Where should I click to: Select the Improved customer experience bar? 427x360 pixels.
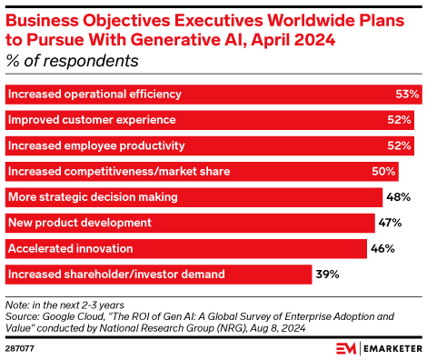pos(210,119)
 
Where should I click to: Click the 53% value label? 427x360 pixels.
pos(408,95)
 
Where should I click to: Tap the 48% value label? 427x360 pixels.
pos(398,196)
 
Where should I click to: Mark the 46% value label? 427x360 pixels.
pos(382,247)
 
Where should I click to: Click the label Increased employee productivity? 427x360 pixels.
pos(95,145)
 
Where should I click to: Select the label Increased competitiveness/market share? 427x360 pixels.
pos(118,171)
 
